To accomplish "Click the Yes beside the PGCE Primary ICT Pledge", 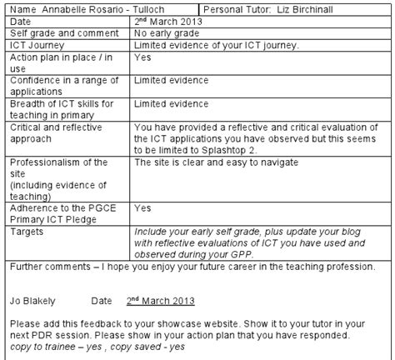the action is [x=142, y=207].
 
